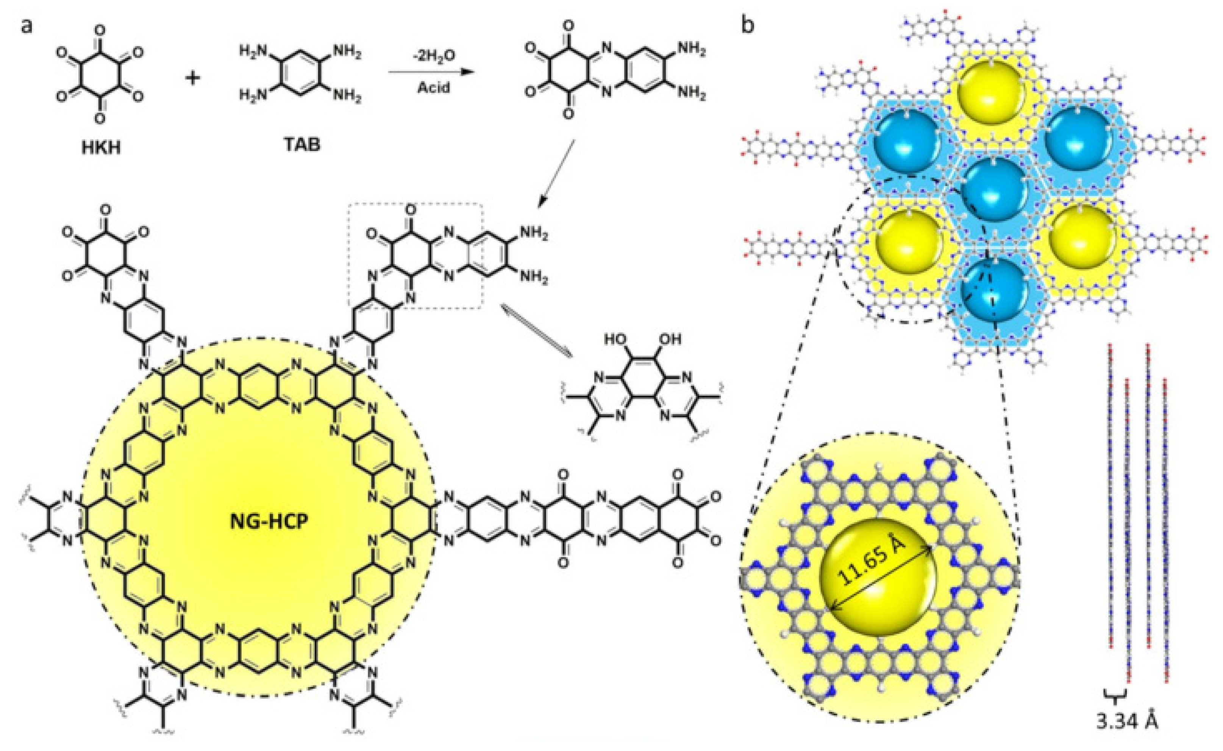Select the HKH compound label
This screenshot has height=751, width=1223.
101,148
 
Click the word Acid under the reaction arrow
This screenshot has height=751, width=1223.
433,88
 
